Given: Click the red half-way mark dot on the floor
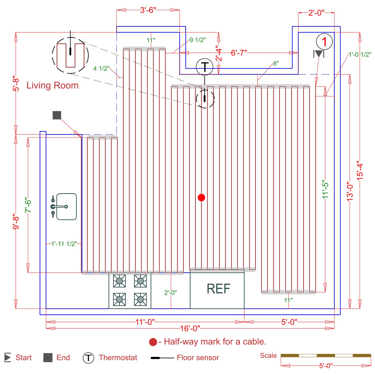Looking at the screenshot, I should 201,198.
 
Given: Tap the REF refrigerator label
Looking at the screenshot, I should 218,289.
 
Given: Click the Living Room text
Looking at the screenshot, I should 52,85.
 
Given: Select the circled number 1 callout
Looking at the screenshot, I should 324,42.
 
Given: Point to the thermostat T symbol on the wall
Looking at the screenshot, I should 205,67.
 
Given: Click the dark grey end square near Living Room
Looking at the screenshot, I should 57,115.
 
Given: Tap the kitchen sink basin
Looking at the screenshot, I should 67,207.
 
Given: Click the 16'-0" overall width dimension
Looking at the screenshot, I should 190,328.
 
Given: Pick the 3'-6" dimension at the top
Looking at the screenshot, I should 148,10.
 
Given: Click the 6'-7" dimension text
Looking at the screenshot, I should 239,53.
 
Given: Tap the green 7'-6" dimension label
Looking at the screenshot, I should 28,205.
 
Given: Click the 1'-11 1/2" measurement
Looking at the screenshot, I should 64,244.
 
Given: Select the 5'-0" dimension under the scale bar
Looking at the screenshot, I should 326,365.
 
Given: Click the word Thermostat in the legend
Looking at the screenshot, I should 118,358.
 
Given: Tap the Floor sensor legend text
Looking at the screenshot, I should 198,358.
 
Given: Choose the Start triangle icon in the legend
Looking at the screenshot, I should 7,358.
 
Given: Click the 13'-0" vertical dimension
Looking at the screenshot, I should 350,192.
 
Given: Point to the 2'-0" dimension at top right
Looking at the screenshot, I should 316,13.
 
